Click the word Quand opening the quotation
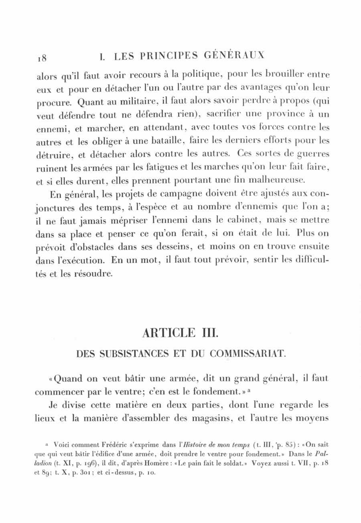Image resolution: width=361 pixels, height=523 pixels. click(x=68, y=378)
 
